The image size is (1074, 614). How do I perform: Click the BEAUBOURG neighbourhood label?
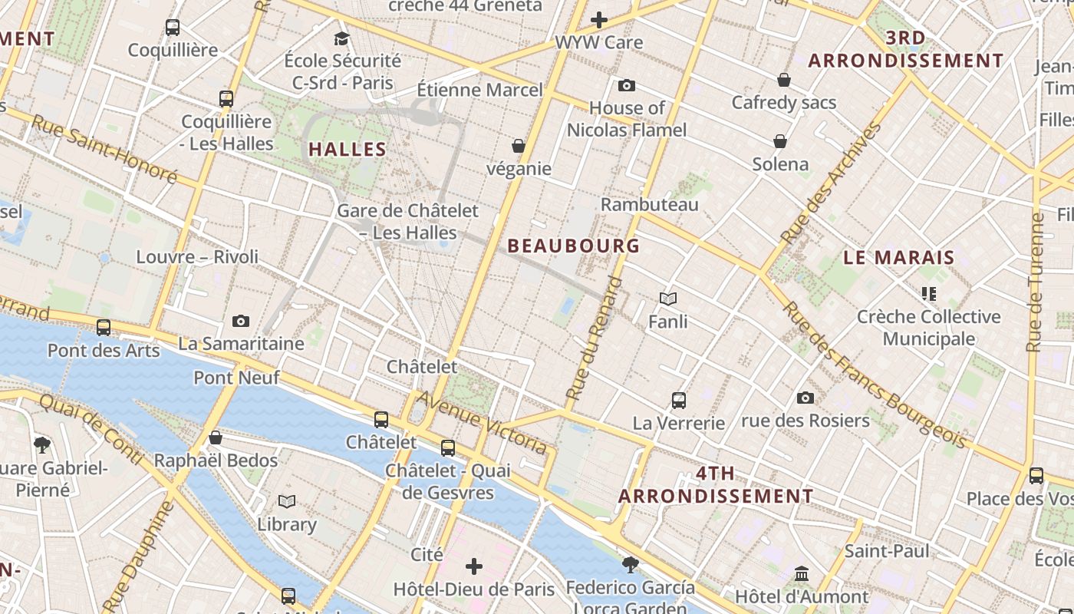coord(573,246)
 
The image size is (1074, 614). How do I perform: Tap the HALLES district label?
coord(347,149)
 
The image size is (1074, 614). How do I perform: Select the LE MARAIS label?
coord(898,258)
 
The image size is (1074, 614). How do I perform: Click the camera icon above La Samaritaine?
coord(241,321)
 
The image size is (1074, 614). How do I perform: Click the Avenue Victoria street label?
coord(483,421)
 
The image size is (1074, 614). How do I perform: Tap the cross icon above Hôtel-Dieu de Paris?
coord(474,566)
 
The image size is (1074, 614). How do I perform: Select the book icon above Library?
coord(287,501)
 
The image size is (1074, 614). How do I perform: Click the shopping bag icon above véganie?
coord(519,146)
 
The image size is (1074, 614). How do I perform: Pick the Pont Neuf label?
coord(236,377)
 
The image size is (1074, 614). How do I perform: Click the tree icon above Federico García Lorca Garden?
coord(630,565)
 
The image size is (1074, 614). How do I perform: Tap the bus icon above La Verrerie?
coord(678,400)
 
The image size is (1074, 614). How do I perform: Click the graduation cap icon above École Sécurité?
coord(342,38)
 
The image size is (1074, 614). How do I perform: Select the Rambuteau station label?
coord(649,204)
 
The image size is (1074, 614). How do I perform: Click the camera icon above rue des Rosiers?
coord(805,398)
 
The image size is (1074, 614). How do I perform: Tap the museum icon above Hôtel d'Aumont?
coord(802,573)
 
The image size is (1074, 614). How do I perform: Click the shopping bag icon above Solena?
coord(780,141)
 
